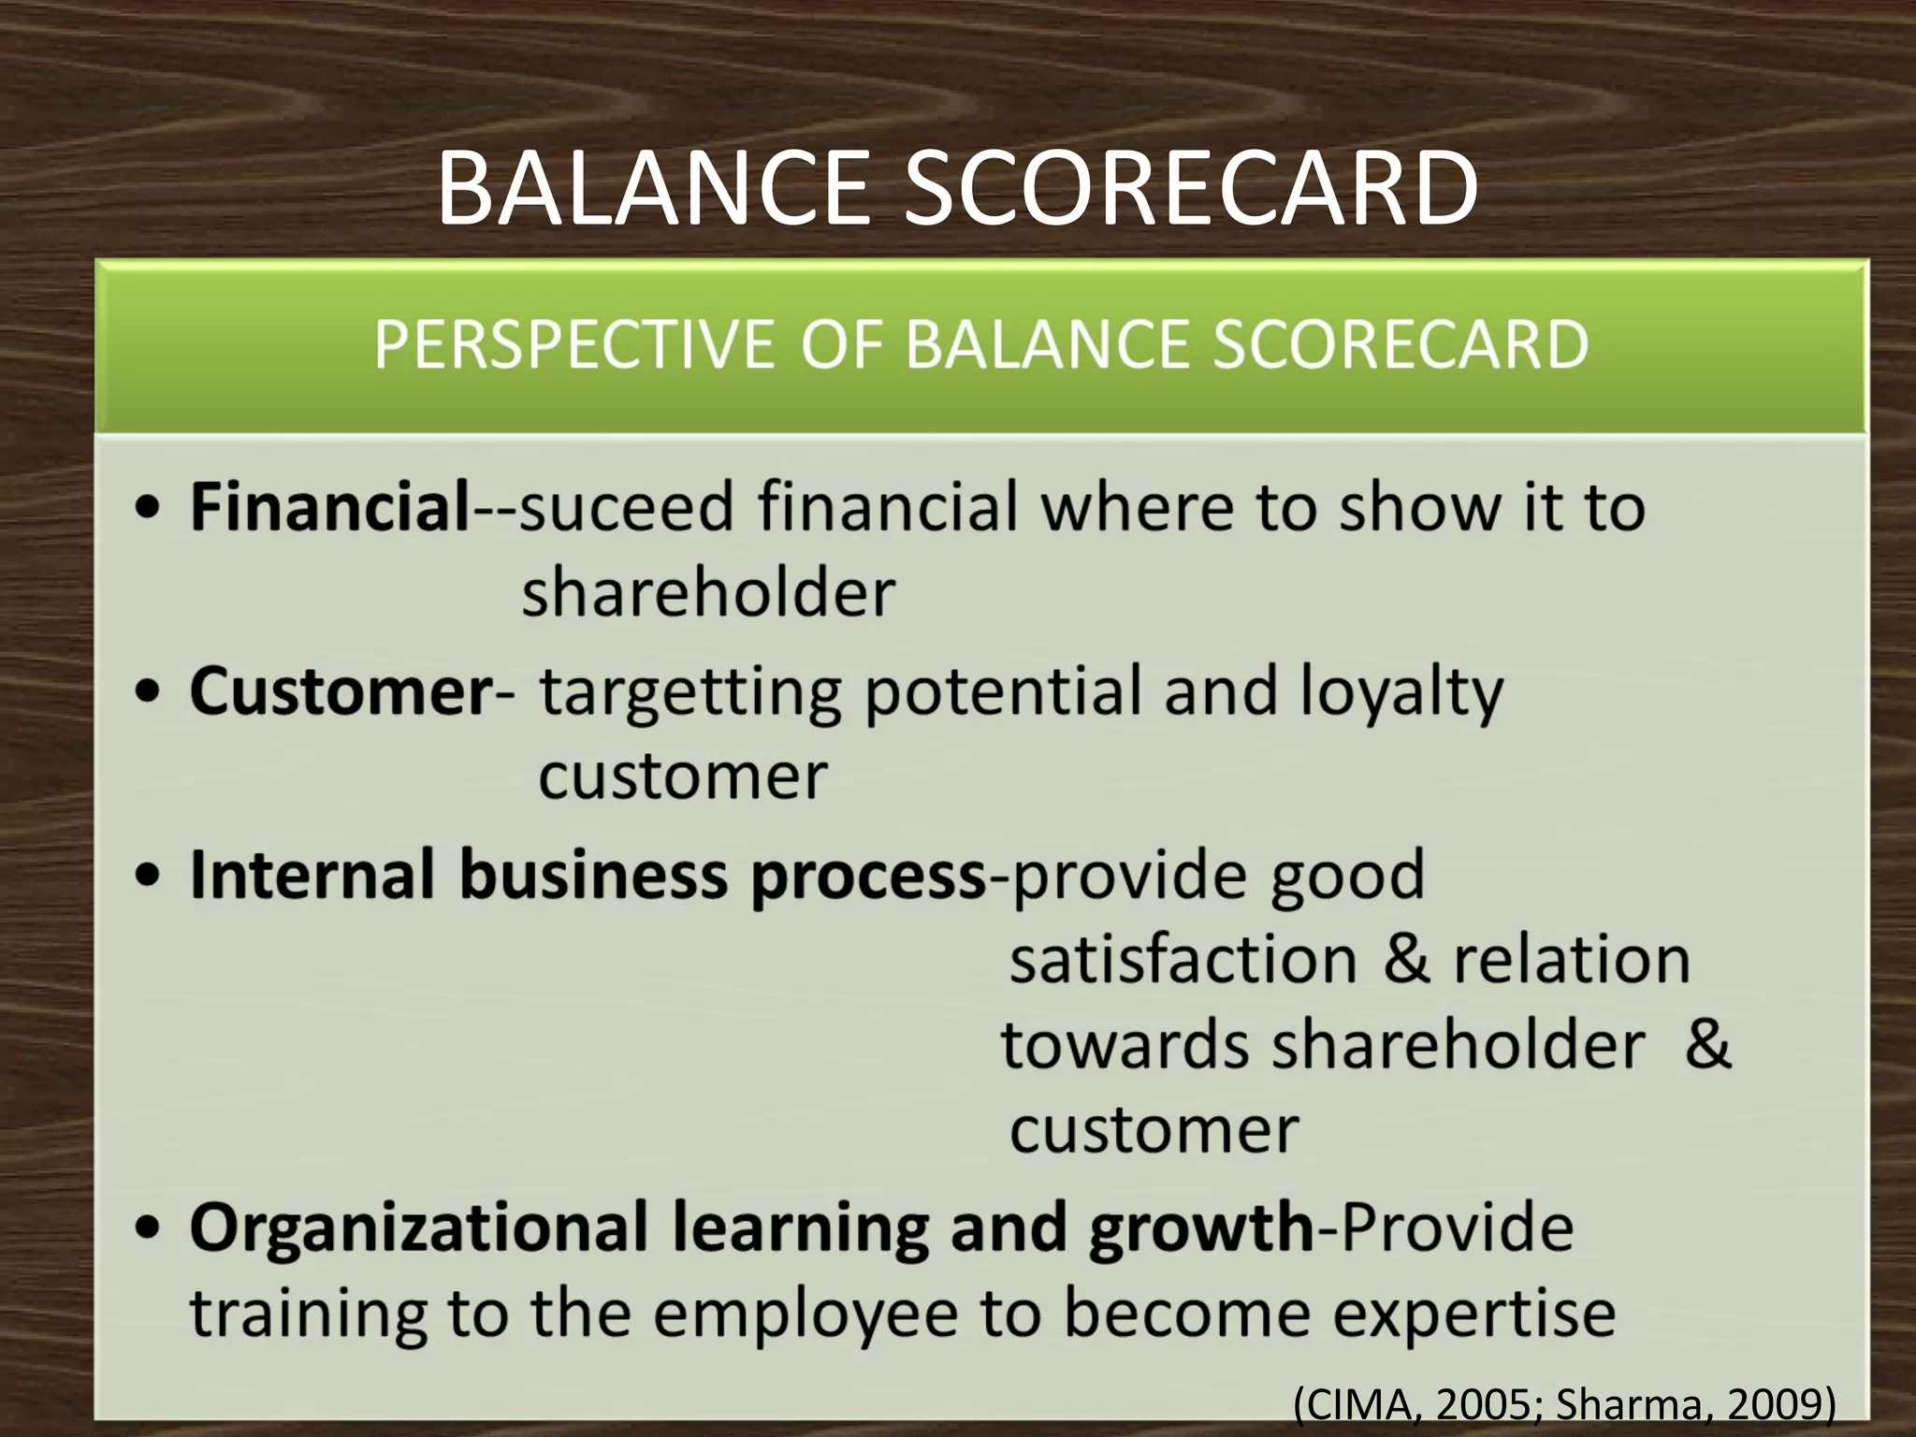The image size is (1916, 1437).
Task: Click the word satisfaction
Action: (x=1183, y=961)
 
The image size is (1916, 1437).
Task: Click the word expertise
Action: (x=1474, y=1314)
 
